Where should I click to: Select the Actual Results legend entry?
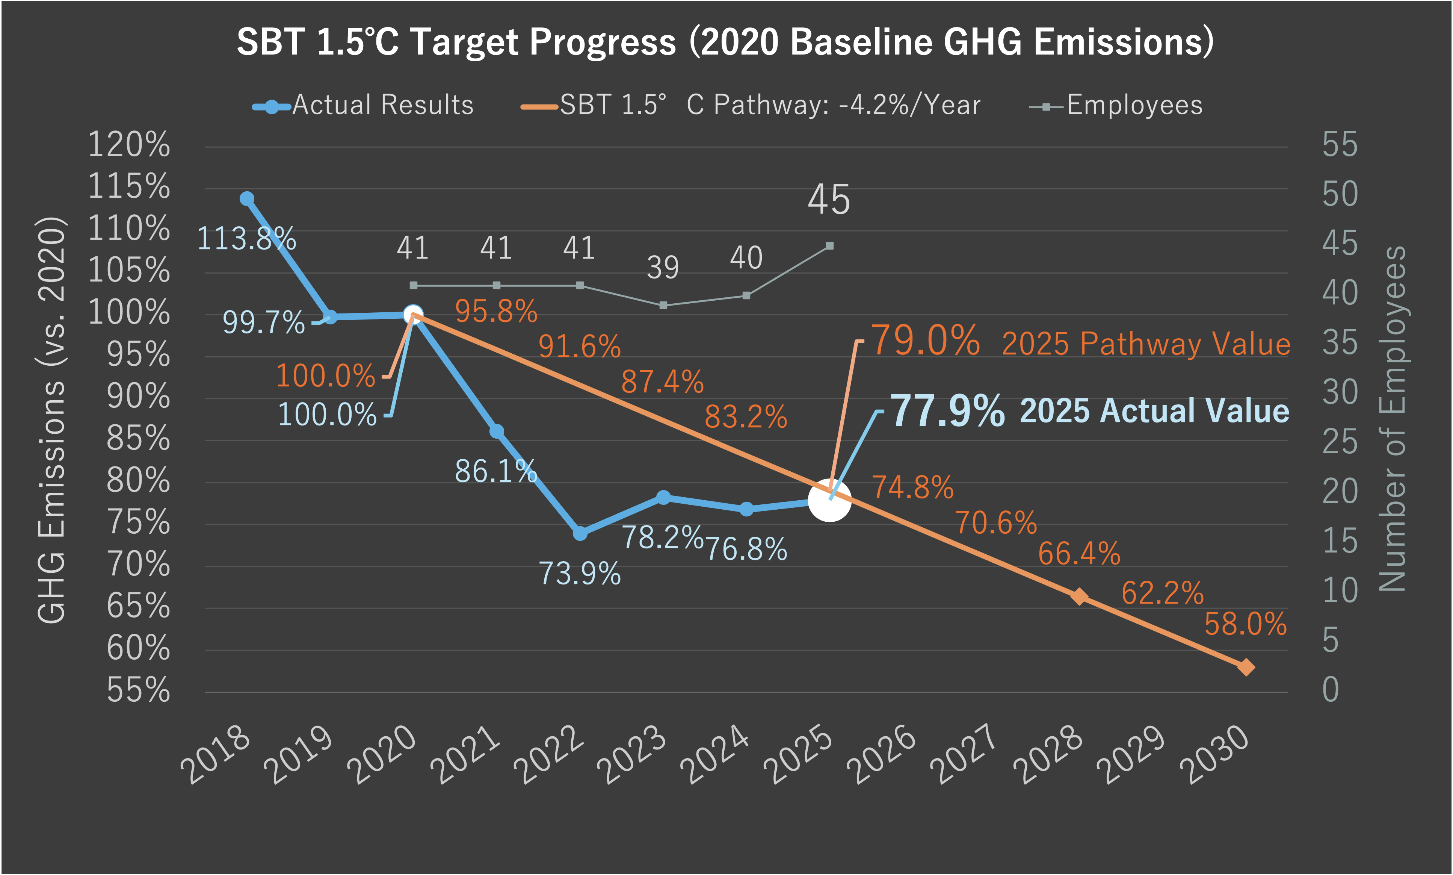(364, 106)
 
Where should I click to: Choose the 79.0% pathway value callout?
(926, 341)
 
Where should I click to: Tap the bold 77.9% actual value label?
(947, 411)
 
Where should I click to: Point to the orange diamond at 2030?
(1246, 668)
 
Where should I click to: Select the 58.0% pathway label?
(1245, 624)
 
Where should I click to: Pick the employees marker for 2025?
(829, 246)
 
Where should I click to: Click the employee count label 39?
(663, 268)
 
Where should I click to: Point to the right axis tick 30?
(1339, 393)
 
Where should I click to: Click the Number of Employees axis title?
(1392, 419)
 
